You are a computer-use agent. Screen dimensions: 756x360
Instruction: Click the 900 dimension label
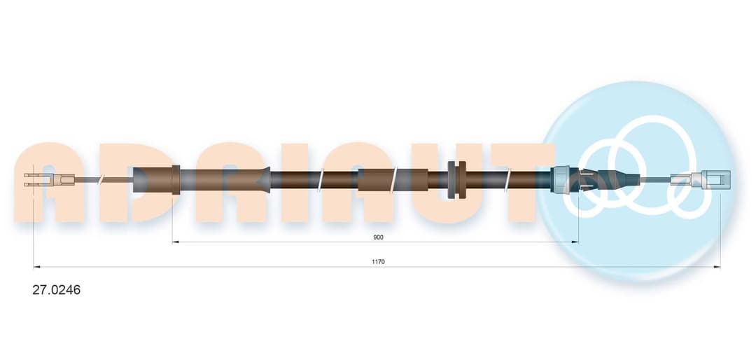[x=379, y=237]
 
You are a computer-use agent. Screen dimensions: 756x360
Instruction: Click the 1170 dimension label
[x=379, y=261]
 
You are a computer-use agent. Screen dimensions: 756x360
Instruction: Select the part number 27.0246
[x=57, y=290]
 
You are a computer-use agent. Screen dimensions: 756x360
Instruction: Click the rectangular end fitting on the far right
[x=716, y=178]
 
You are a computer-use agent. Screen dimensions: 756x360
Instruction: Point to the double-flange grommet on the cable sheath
[x=457, y=179]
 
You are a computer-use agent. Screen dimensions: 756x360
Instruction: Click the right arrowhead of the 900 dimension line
[x=575, y=242]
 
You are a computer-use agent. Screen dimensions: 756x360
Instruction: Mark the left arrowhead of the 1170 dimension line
[x=36, y=266]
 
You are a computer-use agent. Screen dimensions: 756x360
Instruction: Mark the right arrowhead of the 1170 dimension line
[x=717, y=266]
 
